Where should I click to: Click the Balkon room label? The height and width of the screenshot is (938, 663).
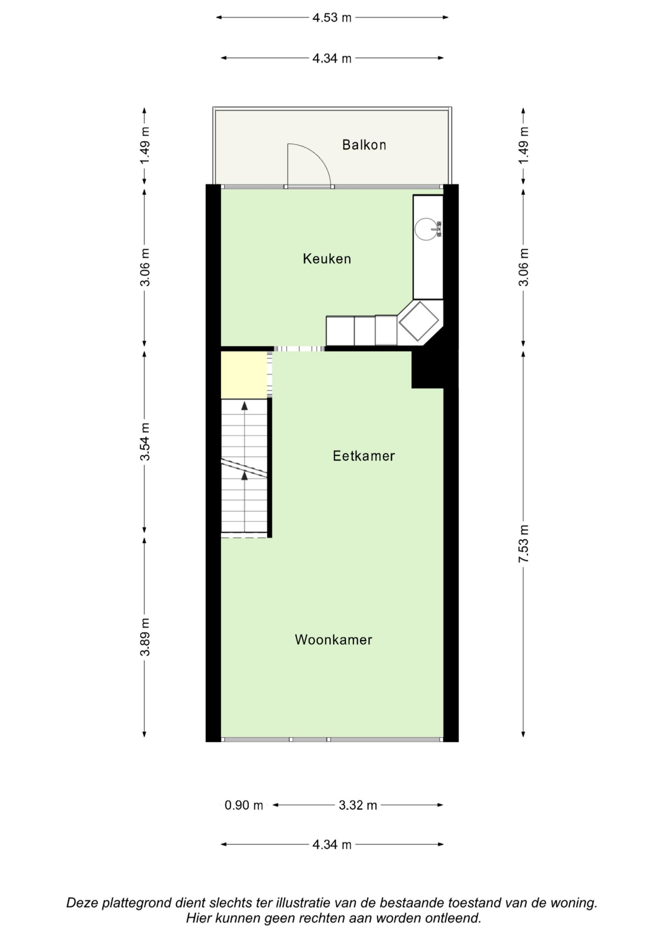tap(364, 145)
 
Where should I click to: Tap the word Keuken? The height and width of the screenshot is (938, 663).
tap(327, 259)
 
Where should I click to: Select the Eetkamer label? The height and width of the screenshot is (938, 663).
tap(364, 456)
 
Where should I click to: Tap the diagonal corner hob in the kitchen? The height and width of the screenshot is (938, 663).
tap(418, 321)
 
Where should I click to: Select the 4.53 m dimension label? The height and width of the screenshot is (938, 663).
tap(332, 18)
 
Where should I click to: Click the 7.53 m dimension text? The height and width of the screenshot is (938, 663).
tap(524, 544)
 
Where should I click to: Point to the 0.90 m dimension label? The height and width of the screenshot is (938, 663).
tap(244, 805)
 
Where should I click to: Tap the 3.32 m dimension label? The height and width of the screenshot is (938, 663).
tap(358, 805)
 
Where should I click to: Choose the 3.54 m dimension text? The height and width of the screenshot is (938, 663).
tap(145, 442)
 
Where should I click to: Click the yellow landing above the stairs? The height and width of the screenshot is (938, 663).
tap(244, 375)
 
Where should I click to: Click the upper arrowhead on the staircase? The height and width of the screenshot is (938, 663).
tap(244, 406)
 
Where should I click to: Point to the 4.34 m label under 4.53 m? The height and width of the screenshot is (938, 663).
tap(332, 58)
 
